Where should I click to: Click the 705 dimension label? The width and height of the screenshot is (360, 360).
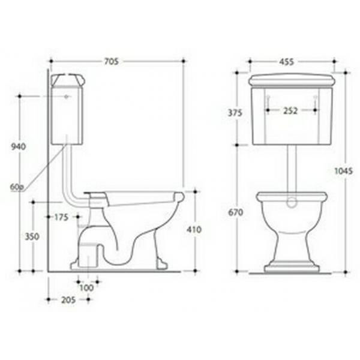tap(112, 62)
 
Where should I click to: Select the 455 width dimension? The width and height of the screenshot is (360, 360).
tap(287, 62)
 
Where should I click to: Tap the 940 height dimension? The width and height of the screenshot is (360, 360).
tap(19, 146)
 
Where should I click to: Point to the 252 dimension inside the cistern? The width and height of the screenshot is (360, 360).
tap(290, 110)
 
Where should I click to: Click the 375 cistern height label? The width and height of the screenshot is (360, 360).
tap(235, 113)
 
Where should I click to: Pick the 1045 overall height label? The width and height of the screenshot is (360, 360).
tap(343, 171)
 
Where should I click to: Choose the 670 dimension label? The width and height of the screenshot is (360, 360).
tap(236, 212)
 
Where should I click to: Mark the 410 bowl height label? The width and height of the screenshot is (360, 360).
tap(194, 229)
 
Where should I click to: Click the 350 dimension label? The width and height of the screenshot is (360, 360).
tap(32, 236)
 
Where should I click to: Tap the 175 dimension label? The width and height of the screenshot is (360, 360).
tap(61, 217)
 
